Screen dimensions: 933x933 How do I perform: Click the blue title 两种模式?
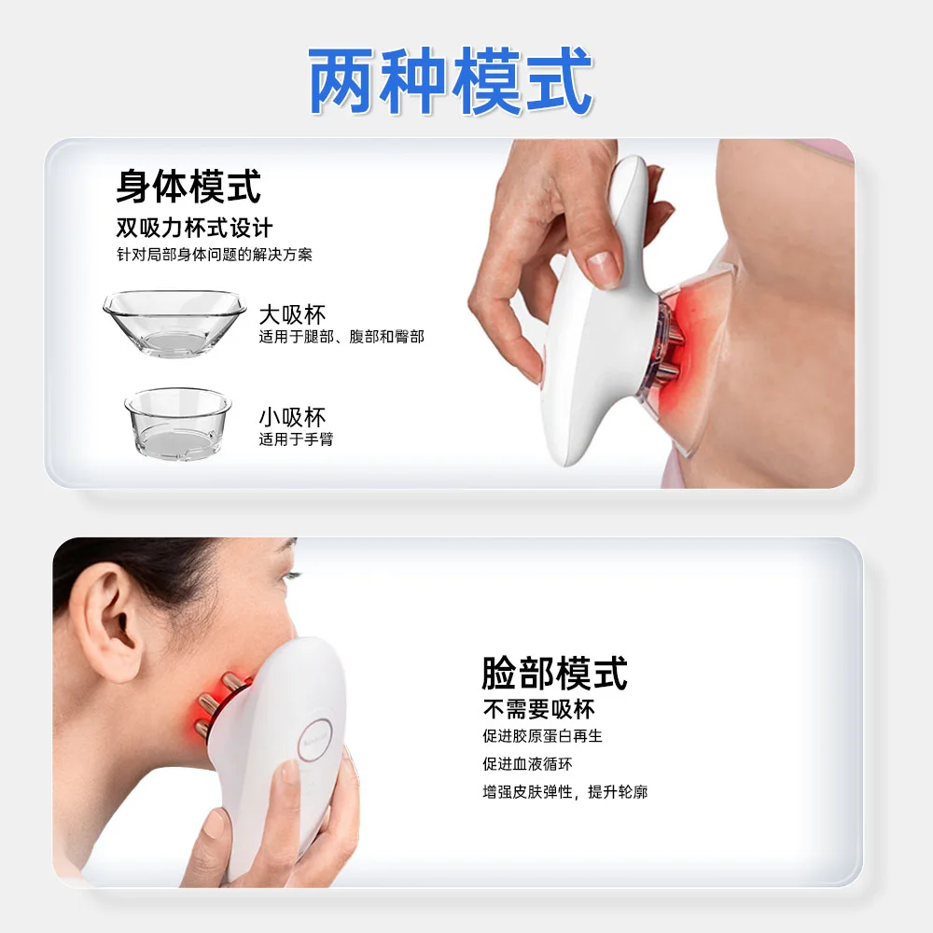click(451, 81)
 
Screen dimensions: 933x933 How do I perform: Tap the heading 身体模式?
click(188, 187)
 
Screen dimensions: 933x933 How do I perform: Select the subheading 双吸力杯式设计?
click(194, 228)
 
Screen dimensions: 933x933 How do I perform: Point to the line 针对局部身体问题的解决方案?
click(215, 255)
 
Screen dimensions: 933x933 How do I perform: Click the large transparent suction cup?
click(174, 323)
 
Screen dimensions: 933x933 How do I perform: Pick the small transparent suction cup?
click(178, 423)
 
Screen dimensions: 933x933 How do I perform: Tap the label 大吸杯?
click(292, 314)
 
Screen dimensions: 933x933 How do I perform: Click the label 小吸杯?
click(292, 417)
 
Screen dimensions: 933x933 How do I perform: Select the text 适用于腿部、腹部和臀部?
click(341, 337)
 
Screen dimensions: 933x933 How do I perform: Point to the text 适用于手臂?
click(296, 439)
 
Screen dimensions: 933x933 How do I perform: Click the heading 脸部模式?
click(554, 673)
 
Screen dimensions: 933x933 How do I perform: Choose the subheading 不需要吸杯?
click(538, 709)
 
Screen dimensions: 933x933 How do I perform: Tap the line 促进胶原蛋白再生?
click(542, 736)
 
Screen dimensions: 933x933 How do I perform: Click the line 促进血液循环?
click(527, 764)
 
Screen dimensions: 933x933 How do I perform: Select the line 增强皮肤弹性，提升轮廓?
click(564, 792)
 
